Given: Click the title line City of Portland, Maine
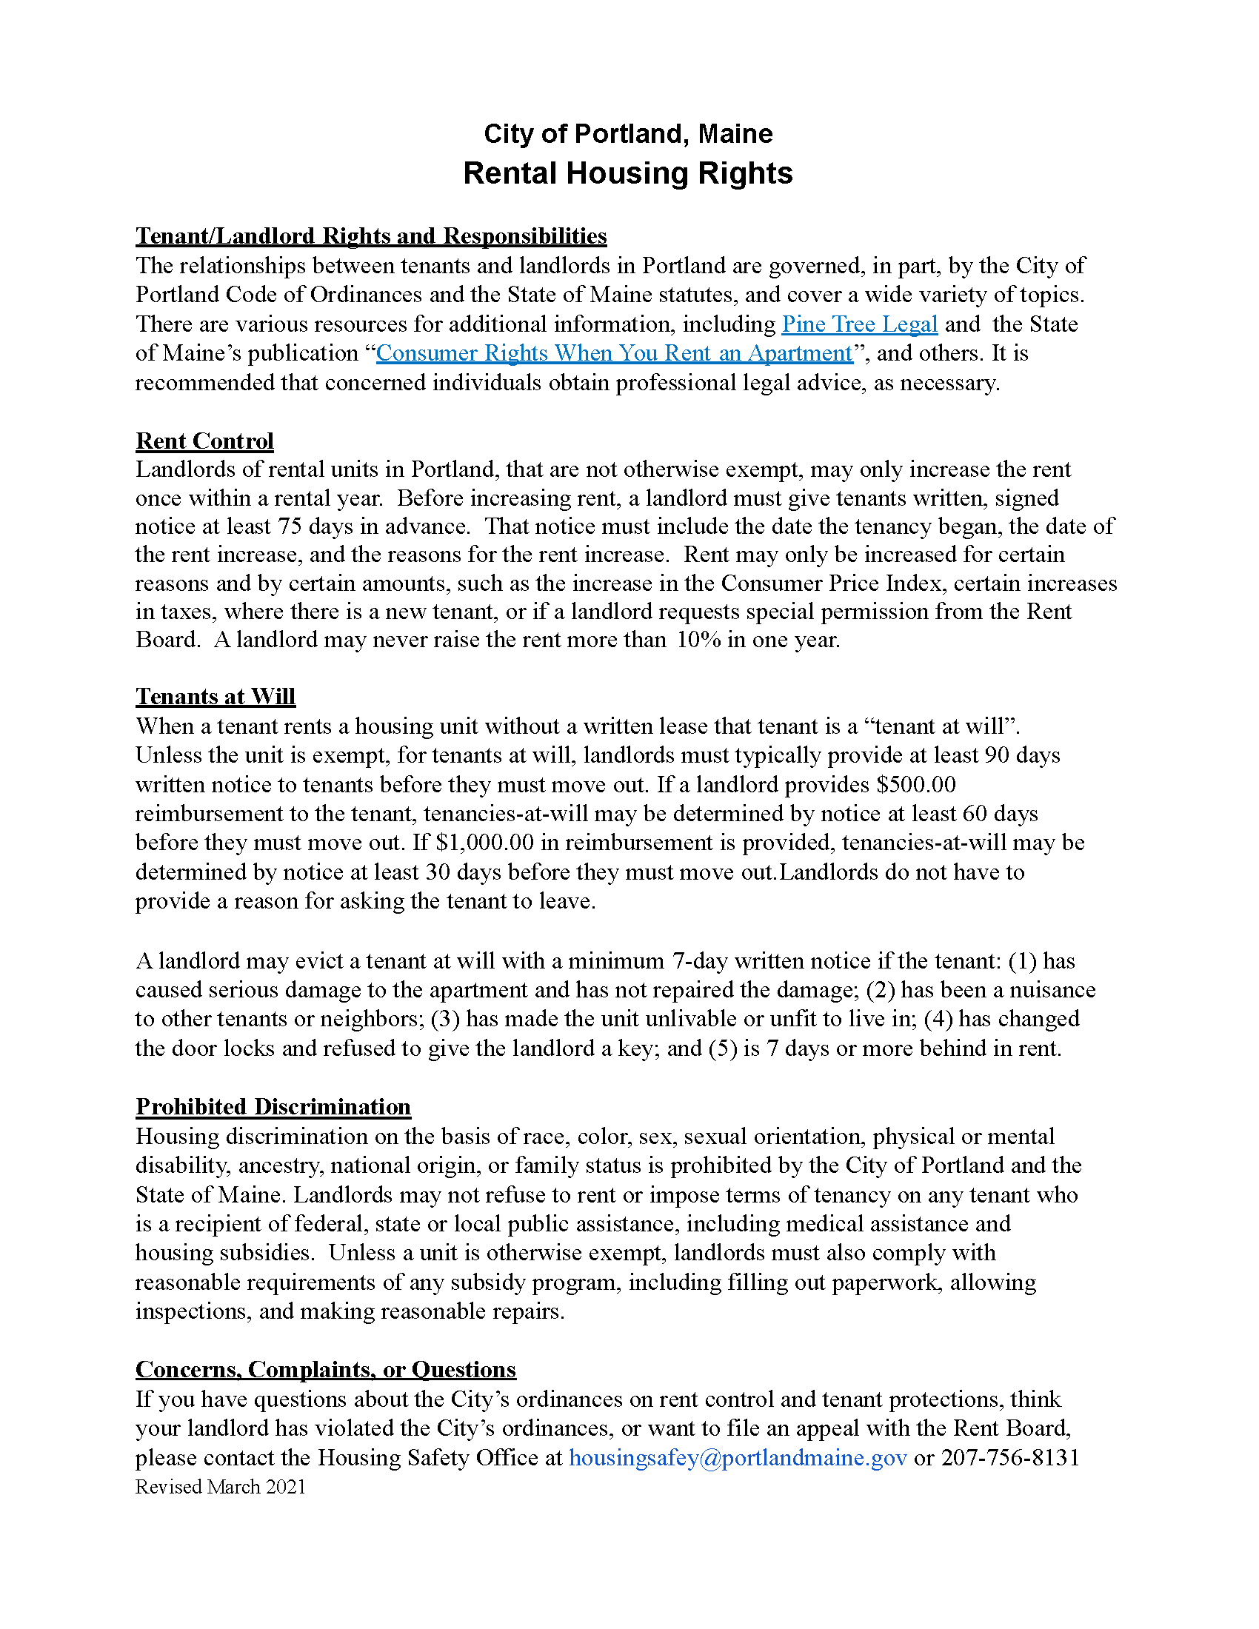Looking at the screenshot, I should pyautogui.click(x=628, y=134).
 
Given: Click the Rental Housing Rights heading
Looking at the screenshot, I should pyautogui.click(x=628, y=174).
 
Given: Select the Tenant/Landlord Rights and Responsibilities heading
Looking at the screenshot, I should pyautogui.click(x=371, y=236).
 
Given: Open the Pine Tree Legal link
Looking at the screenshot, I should pyautogui.click(x=859, y=324).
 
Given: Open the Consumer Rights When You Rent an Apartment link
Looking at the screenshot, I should pyautogui.click(x=614, y=353).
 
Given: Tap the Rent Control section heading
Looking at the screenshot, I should pyautogui.click(x=204, y=441).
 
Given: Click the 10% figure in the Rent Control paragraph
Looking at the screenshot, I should pyautogui.click(x=698, y=640).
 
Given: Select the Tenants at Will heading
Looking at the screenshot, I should pyautogui.click(x=216, y=697).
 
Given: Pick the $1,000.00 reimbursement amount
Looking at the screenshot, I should pyautogui.click(x=484, y=843).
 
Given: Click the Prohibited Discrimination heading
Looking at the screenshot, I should pyautogui.click(x=273, y=1107).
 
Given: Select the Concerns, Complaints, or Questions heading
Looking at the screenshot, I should pyautogui.click(x=325, y=1369).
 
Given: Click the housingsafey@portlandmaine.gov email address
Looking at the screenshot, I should pyautogui.click(x=738, y=1458).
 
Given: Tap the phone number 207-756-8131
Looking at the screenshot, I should pyautogui.click(x=1010, y=1458).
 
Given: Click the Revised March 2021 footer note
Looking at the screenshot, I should pyautogui.click(x=220, y=1488).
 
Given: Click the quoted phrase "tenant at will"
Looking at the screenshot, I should pyautogui.click(x=941, y=726).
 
